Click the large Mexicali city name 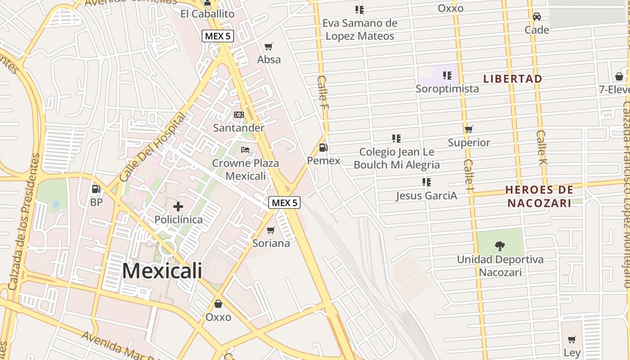(162, 271)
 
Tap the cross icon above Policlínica (178, 207)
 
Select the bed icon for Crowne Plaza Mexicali (245, 150)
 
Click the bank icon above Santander (239, 115)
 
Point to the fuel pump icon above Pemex (323, 147)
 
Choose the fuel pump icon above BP (96, 189)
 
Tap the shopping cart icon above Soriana (270, 230)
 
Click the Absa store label (269, 59)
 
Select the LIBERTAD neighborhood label (513, 79)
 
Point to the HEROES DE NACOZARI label (540, 196)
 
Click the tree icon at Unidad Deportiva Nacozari (499, 246)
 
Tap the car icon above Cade (536, 17)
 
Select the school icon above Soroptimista (447, 75)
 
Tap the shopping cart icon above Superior (469, 130)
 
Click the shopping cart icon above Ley (571, 339)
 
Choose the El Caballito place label (207, 14)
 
